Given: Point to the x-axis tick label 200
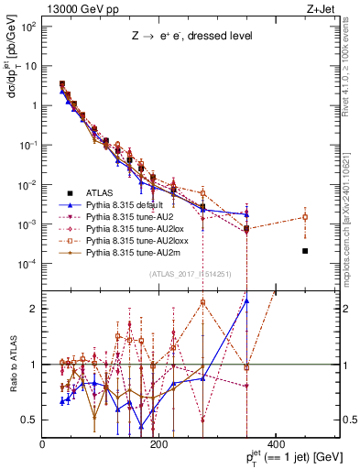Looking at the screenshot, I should click(x=159, y=445).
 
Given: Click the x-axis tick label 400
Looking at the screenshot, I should click(x=277, y=445).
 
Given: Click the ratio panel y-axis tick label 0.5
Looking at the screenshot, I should click(x=31, y=420).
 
